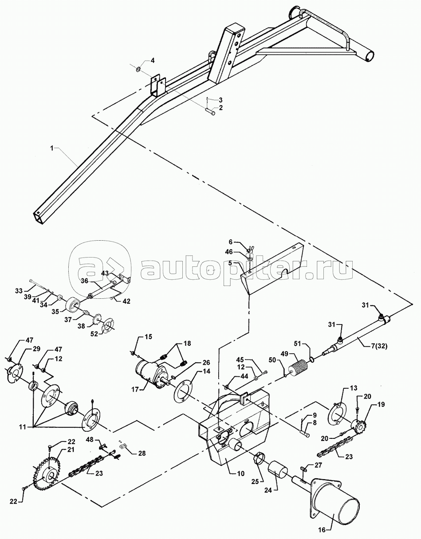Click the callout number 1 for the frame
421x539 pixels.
click(x=52, y=148)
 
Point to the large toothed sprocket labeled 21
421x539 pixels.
click(x=47, y=473)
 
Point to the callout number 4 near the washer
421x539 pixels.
click(x=153, y=60)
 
